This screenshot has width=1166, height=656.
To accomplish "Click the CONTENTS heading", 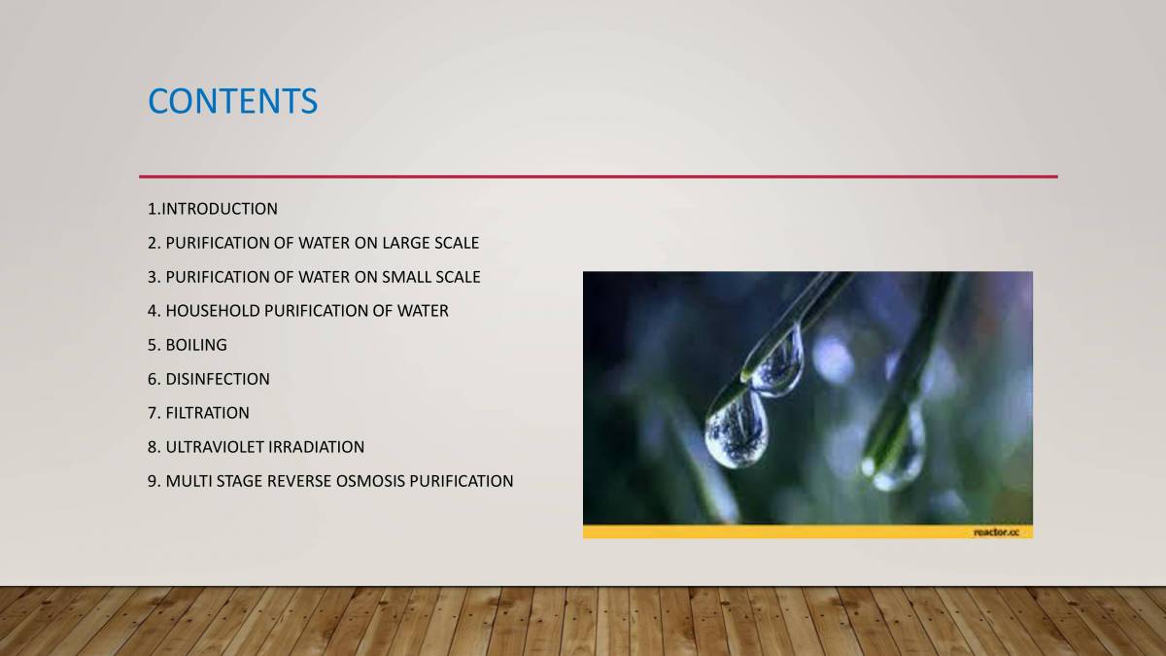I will [232, 101].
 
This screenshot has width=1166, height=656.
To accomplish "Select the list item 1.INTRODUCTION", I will [213, 209].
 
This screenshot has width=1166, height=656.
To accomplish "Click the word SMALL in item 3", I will [408, 277].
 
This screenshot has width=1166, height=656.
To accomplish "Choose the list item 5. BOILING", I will [188, 345].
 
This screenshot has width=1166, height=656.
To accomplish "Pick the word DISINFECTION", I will [218, 379].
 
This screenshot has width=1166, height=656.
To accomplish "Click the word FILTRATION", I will [207, 413].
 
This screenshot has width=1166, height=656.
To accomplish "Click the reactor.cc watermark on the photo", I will [997, 532].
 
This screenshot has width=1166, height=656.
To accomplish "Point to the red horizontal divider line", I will [598, 177].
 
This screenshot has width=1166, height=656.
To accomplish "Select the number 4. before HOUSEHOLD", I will [154, 311].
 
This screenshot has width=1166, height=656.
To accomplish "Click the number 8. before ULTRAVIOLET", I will [154, 447].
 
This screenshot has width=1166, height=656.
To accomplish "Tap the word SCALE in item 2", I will [457, 243].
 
